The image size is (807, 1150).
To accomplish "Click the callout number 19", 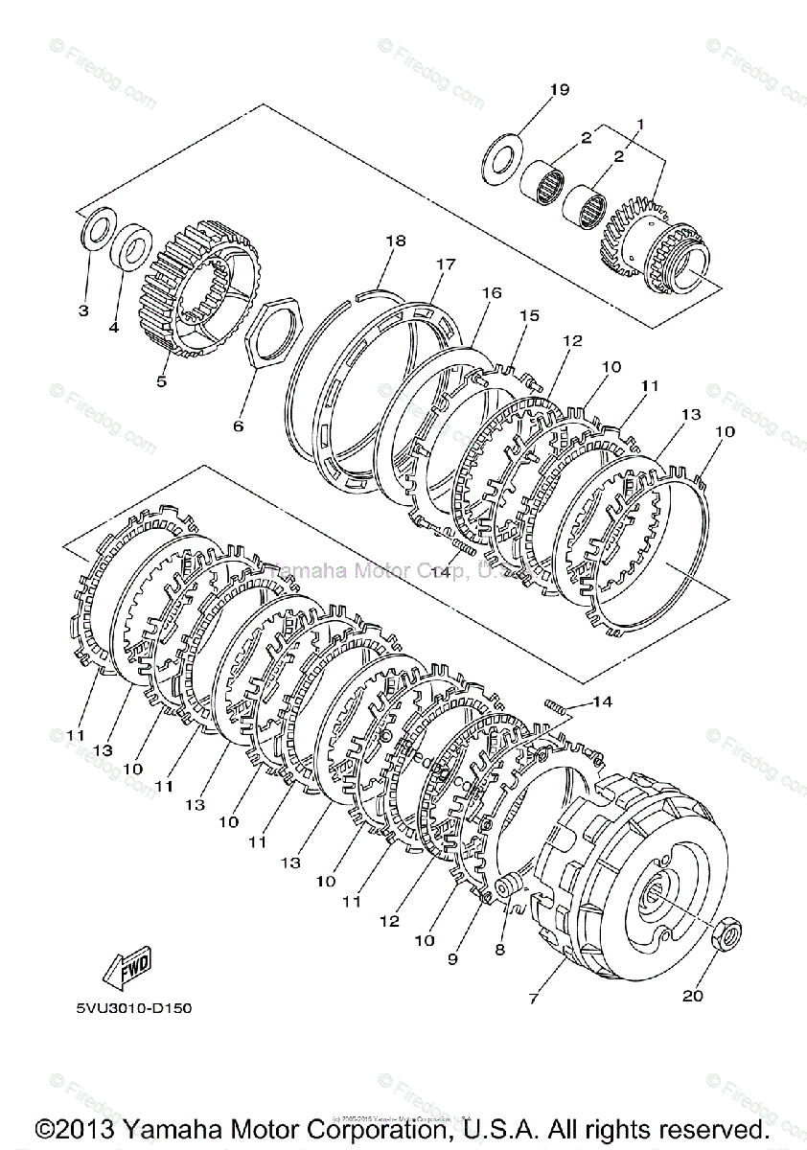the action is [560, 90].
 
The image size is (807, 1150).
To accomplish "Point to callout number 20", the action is [693, 996].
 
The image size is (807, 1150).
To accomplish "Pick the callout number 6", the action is [239, 425].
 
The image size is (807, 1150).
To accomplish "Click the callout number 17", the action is [444, 264].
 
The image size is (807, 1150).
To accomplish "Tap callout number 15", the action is [529, 315].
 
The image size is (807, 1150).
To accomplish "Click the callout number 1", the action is [639, 124].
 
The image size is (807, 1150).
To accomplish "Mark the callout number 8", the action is [498, 950].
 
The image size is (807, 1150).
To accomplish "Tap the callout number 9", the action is [452, 958].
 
